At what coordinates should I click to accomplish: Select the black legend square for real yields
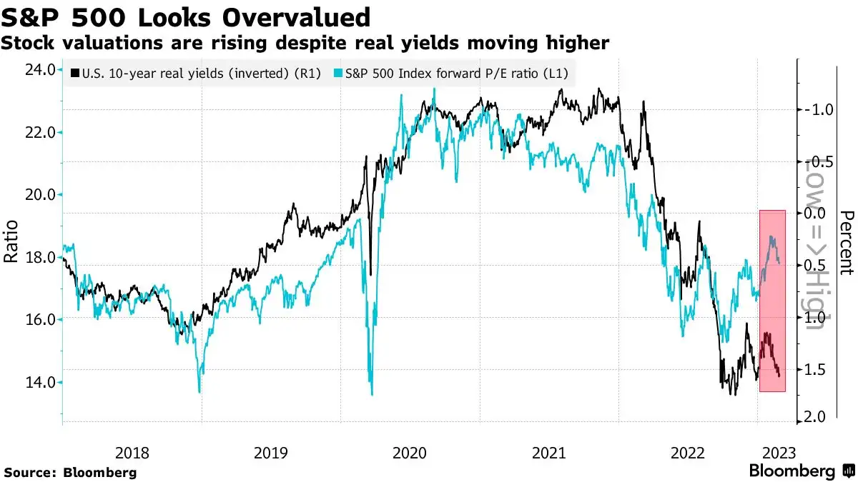point(75,73)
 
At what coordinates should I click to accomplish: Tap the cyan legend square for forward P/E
point(338,73)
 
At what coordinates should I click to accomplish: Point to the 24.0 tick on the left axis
point(39,70)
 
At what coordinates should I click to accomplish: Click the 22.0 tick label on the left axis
point(39,132)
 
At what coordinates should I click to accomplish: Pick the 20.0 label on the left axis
point(39,195)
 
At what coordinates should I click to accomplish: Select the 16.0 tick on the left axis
point(39,320)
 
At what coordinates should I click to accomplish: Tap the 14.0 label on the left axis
point(39,382)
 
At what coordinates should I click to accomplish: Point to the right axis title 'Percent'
point(847,243)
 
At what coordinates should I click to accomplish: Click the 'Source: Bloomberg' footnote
point(70,472)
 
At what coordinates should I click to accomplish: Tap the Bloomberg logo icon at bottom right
point(847,471)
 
